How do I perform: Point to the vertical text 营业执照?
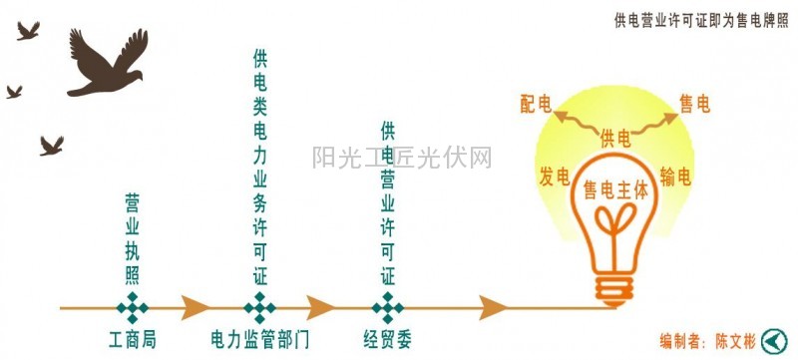coord(133,239)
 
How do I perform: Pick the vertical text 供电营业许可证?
coord(388,203)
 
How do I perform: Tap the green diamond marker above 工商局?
coord(133,306)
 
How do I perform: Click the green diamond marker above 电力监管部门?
coord(260,306)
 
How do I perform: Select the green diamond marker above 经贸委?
coord(387,306)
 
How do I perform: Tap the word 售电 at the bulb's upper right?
coord(694,103)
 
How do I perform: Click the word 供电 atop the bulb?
coord(615,138)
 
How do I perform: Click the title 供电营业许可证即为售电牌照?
coord(701,19)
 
